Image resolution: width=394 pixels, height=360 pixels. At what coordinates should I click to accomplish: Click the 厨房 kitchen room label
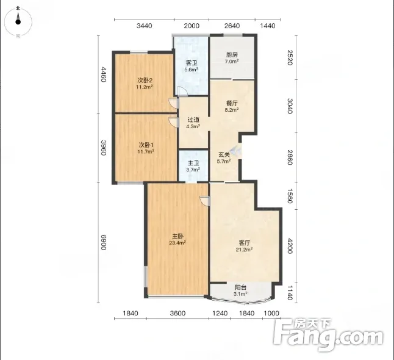(x=232, y=54)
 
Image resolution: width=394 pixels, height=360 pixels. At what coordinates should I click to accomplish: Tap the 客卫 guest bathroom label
(x=192, y=63)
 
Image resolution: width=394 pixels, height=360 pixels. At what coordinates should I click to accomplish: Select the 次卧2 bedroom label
(x=145, y=81)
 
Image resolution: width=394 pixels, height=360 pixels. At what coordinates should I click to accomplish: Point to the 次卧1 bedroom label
(x=146, y=145)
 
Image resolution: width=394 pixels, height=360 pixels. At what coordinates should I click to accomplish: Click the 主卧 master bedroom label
(x=177, y=236)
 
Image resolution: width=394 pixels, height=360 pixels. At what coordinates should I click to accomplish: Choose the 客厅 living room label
(x=244, y=243)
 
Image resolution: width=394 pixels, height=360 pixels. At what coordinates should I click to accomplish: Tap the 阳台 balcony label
(x=240, y=287)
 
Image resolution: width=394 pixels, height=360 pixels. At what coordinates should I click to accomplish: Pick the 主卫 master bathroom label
(x=193, y=163)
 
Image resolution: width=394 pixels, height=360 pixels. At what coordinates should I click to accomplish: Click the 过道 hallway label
(x=193, y=120)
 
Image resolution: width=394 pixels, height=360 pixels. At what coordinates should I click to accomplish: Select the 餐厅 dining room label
(x=232, y=103)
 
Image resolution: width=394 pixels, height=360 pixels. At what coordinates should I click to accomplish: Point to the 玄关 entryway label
(x=224, y=155)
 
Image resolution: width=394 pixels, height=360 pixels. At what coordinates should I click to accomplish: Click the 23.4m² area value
(x=177, y=243)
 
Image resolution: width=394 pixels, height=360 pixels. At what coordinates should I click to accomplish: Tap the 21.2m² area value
(x=244, y=250)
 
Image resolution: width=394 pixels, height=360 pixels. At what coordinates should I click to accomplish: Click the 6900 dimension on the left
(x=104, y=242)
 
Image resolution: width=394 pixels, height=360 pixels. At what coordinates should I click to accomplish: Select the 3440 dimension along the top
(x=144, y=26)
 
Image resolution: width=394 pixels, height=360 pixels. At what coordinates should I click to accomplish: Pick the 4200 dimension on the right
(x=290, y=246)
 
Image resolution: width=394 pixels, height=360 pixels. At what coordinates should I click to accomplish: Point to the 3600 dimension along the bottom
(x=177, y=313)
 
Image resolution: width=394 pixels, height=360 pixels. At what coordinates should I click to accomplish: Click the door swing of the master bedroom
(x=205, y=201)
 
